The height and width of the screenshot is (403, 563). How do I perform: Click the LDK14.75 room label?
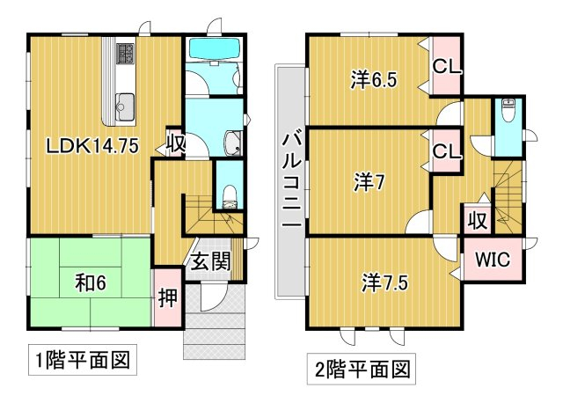coord(92,146)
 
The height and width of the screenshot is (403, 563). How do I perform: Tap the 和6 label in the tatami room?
coord(91,283)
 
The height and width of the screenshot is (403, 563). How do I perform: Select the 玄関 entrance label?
coord(210,261)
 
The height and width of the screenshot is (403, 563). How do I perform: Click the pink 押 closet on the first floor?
coord(168,297)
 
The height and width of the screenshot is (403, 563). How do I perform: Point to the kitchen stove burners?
coord(125,54)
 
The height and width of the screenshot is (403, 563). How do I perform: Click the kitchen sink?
coord(125,107)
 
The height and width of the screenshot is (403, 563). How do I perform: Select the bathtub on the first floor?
coord(215,48)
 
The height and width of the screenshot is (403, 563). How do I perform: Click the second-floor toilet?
coord(508,110)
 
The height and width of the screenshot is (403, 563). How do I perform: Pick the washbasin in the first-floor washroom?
coord(233,143)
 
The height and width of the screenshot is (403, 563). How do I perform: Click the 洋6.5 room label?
coord(374,80)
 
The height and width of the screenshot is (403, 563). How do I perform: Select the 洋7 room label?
coord(369,182)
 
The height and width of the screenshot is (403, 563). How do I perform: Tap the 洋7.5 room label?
coord(384,282)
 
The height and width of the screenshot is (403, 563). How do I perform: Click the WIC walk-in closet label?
coord(493,259)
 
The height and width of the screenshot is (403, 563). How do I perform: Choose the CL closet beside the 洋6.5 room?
coord(446,67)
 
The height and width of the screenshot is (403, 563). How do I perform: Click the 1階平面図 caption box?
coord(83,360)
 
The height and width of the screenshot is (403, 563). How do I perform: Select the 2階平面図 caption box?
coord(362,369)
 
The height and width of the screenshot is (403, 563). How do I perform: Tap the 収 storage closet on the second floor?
coord(478,219)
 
